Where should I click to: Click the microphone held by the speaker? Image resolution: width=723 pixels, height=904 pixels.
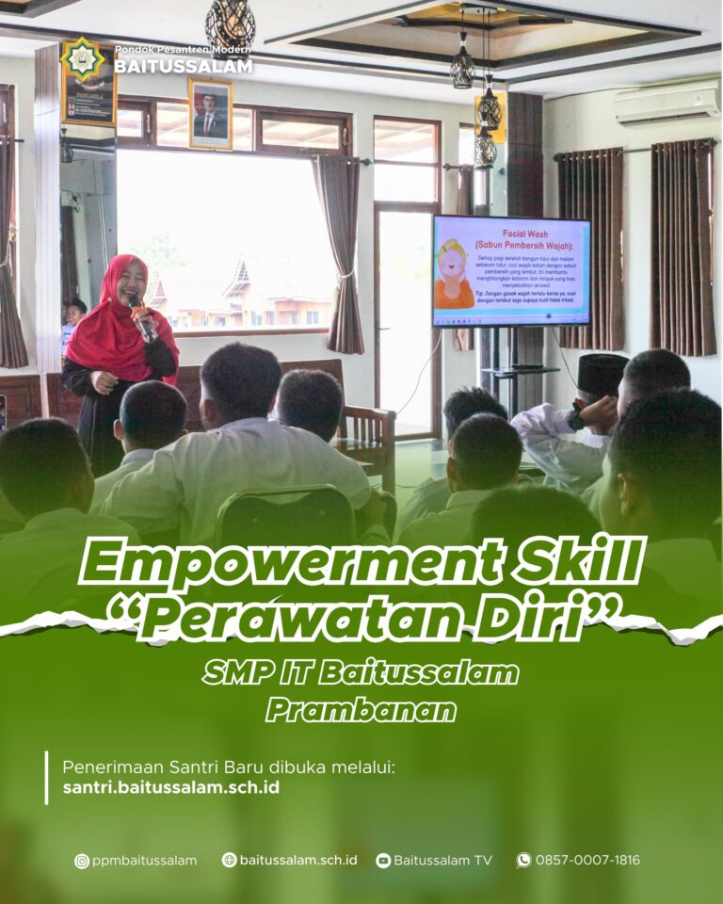141,318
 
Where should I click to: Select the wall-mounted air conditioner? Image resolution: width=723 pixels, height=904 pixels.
667,103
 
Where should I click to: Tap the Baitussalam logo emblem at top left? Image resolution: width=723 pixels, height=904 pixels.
83,58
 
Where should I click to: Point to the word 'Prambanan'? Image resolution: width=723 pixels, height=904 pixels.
361,709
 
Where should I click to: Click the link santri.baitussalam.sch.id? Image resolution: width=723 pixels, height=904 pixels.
171,787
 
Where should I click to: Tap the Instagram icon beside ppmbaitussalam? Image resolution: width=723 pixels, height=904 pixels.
82,860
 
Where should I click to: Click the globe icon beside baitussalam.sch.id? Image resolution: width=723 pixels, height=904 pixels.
229,860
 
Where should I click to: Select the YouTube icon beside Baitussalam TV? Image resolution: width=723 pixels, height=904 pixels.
383,860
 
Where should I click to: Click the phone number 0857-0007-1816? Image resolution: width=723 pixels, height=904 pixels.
587,860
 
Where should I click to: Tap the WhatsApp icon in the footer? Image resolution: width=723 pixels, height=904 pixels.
523,860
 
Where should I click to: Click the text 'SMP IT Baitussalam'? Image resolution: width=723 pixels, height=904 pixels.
361,672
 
